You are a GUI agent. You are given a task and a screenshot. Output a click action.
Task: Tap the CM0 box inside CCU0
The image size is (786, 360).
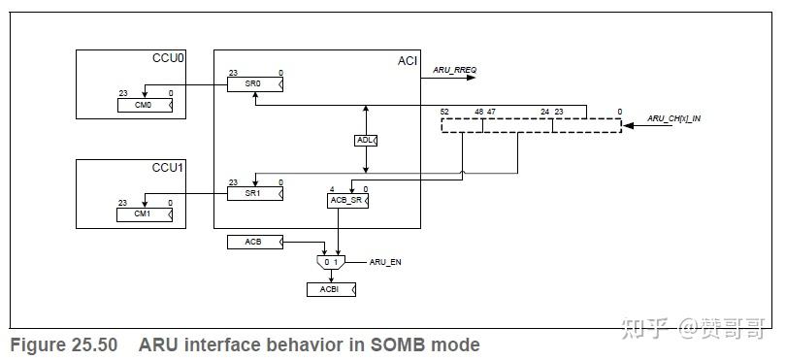[146, 105]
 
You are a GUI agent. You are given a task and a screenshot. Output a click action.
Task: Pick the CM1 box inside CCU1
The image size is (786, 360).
[146, 214]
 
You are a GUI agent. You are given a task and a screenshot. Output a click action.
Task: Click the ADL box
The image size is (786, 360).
[366, 141]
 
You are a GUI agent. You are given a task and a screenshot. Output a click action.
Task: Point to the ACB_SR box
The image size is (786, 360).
[348, 201]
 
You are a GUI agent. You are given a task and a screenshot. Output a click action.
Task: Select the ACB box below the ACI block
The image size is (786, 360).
[255, 241]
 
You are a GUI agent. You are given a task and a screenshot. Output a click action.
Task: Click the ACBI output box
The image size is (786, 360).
[331, 289]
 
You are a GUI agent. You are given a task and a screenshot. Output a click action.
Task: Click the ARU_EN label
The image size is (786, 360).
[385, 262]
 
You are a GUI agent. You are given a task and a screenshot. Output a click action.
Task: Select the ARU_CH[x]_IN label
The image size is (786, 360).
[674, 119]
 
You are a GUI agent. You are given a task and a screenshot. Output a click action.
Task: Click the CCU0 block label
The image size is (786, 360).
[169, 59]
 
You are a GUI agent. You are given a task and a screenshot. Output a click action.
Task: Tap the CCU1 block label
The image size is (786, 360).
[169, 167]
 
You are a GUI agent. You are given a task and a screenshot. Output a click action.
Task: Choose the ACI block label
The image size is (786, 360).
[408, 61]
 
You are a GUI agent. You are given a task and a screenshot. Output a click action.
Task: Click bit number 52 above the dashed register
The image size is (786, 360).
[444, 112]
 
